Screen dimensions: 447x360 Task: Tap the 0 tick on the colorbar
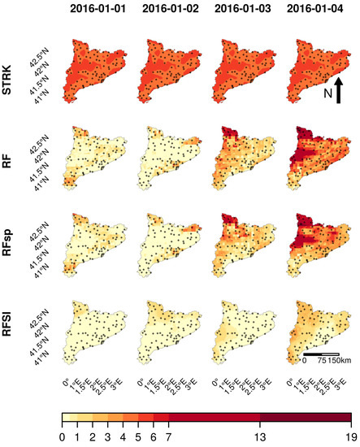point(62,437)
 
